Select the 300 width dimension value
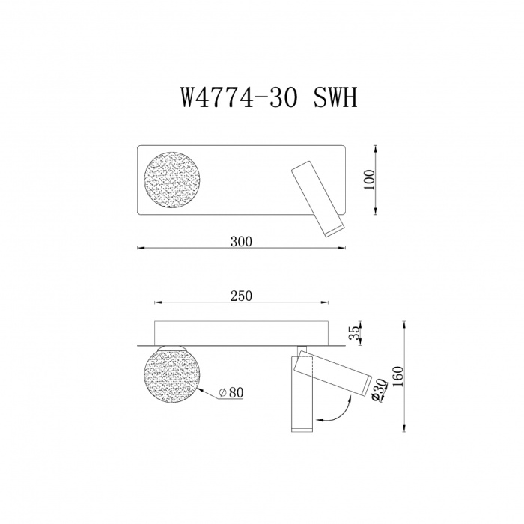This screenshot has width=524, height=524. coord(241,241)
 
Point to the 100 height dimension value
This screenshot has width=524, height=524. coord(368,180)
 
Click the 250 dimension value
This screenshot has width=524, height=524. coord(241,296)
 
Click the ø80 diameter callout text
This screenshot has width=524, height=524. coord(232,392)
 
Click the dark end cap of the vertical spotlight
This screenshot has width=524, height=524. coord(300,428)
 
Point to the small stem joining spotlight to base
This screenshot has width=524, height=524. coord(301,350)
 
